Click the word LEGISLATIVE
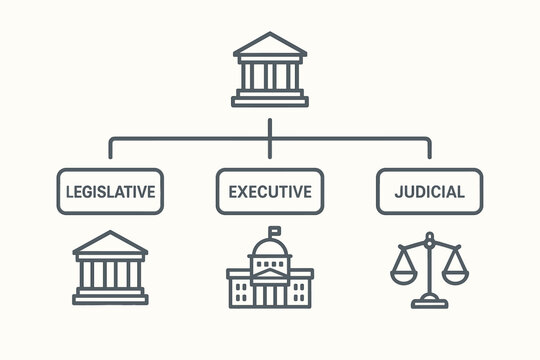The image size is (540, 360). coord(110,191)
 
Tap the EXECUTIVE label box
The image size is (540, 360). coord(270,191)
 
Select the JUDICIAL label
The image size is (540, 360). coord(429,191)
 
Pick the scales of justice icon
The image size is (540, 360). coord(429,268)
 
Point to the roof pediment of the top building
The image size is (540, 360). coord(270,47)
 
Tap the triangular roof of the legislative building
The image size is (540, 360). coord(110,244)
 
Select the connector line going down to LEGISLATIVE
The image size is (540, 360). coord(110,150)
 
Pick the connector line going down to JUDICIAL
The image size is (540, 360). coord(430,150)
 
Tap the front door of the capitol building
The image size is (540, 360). coord(270,296)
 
